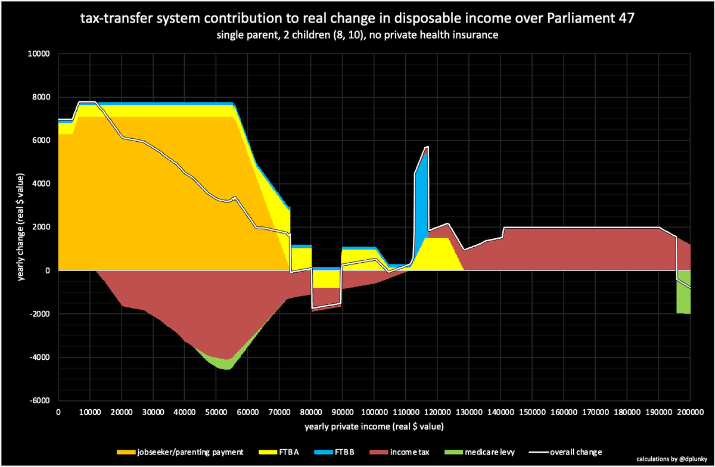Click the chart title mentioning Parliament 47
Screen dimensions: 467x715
pyautogui.click(x=357, y=19)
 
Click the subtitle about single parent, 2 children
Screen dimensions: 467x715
pyautogui.click(x=357, y=35)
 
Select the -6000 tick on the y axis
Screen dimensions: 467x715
pyautogui.click(x=41, y=401)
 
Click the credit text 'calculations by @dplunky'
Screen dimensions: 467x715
pyautogui.click(x=670, y=459)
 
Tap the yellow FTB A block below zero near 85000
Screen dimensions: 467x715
pyautogui.click(x=326, y=279)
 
